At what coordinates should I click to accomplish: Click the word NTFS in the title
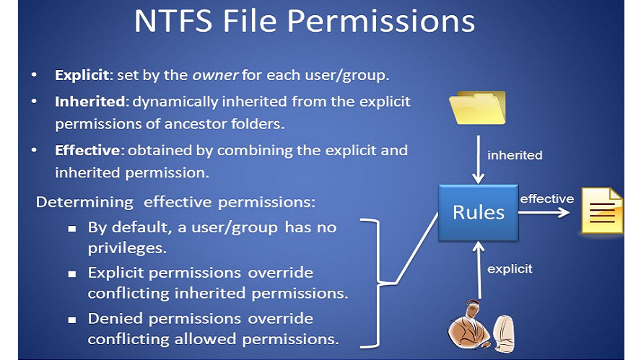pyautogui.click(x=174, y=21)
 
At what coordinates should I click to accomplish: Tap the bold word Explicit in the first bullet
pyautogui.click(x=82, y=75)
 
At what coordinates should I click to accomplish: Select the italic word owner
pyautogui.click(x=215, y=75)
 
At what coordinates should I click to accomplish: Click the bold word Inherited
pyautogui.click(x=90, y=101)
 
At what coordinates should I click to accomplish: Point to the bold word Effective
pyautogui.click(x=87, y=150)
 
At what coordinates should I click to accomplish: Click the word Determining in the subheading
pyautogui.click(x=84, y=203)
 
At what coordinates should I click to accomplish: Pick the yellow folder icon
pyautogui.click(x=477, y=107)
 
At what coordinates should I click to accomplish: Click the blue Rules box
pyautogui.click(x=479, y=213)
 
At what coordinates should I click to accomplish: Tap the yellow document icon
pyautogui.click(x=602, y=211)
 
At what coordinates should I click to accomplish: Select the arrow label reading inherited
pyautogui.click(x=515, y=155)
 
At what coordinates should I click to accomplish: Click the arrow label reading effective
pyautogui.click(x=546, y=199)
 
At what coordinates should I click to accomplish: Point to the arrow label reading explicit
pyautogui.click(x=510, y=269)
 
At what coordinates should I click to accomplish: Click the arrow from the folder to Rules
pyautogui.click(x=479, y=159)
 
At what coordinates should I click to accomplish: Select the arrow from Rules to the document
pyautogui.click(x=544, y=212)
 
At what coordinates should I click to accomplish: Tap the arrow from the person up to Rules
pyautogui.click(x=479, y=270)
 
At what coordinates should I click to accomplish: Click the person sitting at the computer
pyautogui.click(x=481, y=325)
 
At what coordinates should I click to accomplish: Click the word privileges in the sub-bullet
pyautogui.click(x=127, y=249)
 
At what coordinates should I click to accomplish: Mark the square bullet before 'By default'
pyautogui.click(x=72, y=229)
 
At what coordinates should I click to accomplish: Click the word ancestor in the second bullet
pyautogui.click(x=196, y=124)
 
